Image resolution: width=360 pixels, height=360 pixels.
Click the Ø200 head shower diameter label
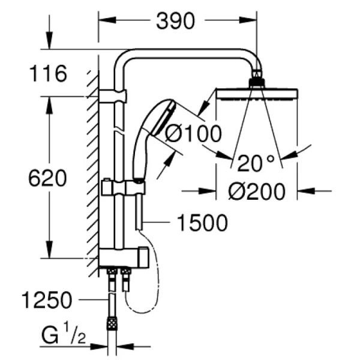[254, 191]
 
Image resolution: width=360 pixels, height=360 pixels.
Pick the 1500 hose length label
[202, 223]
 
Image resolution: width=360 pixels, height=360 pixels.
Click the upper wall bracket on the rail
[113, 95]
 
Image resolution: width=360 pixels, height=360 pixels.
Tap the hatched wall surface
[92, 168]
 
